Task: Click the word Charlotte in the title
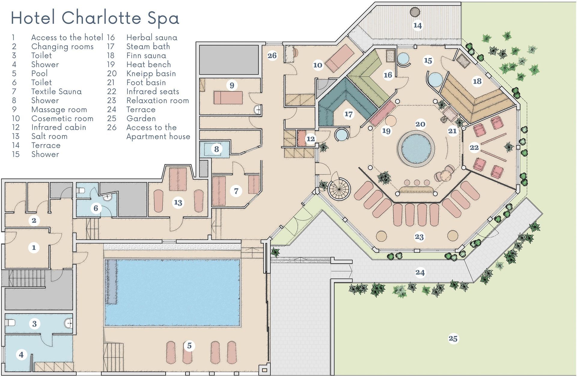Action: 102,18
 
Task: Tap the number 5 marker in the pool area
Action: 189,346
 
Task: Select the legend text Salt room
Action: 49,136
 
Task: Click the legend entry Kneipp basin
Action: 151,73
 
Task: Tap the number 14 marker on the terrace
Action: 417,25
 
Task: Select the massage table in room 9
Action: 228,97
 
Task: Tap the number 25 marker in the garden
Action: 453,339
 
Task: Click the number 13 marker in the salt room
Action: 178,202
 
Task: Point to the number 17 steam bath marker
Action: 348,114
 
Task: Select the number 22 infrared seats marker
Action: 474,148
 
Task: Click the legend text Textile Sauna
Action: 56,91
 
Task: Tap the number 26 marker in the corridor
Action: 272,55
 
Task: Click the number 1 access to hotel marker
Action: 34,247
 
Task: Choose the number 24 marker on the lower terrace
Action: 420,272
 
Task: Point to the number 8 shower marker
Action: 216,149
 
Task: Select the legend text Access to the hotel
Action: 67,37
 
